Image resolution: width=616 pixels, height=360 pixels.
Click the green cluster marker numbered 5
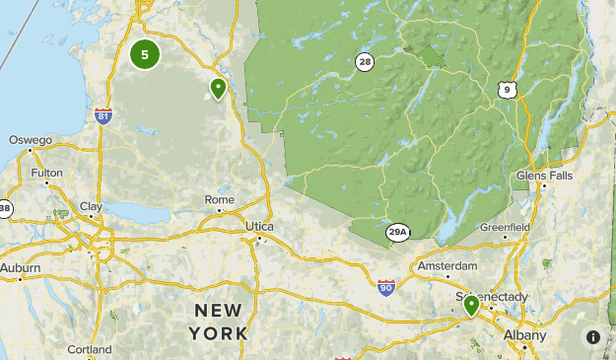(x=145, y=54)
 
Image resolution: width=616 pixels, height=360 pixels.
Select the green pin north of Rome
(x=218, y=89)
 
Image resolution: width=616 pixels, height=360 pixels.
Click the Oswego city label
(x=31, y=140)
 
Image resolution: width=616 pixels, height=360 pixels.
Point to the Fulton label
(x=46, y=173)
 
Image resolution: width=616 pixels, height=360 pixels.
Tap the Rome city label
(x=219, y=199)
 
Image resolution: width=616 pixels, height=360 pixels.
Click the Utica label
(x=259, y=226)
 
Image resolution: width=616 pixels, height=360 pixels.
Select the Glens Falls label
(x=544, y=175)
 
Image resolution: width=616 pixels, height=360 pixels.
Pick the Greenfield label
(x=505, y=227)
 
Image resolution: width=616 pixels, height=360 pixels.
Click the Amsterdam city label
(x=447, y=266)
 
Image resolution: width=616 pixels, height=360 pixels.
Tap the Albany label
(x=523, y=335)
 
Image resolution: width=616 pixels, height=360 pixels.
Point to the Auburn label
(x=21, y=267)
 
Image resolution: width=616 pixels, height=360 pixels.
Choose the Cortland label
(x=90, y=349)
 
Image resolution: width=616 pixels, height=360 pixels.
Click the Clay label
(x=91, y=206)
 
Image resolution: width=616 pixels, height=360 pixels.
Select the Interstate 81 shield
(x=103, y=116)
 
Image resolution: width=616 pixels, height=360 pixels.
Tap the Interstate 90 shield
(x=385, y=287)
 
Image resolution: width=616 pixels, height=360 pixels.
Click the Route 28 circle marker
(x=365, y=62)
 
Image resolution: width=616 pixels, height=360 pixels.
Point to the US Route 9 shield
(x=507, y=90)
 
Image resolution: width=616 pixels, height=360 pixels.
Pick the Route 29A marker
(x=398, y=232)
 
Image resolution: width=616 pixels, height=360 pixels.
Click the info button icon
(x=593, y=336)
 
